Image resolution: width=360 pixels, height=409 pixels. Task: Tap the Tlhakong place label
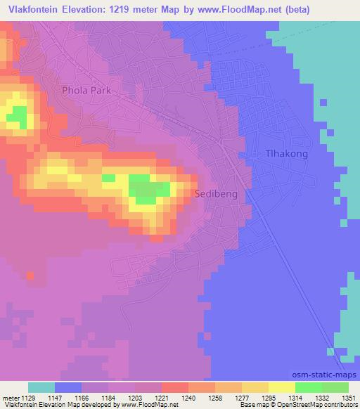tap(285, 154)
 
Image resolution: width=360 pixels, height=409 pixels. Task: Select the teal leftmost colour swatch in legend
tap(41, 387)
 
